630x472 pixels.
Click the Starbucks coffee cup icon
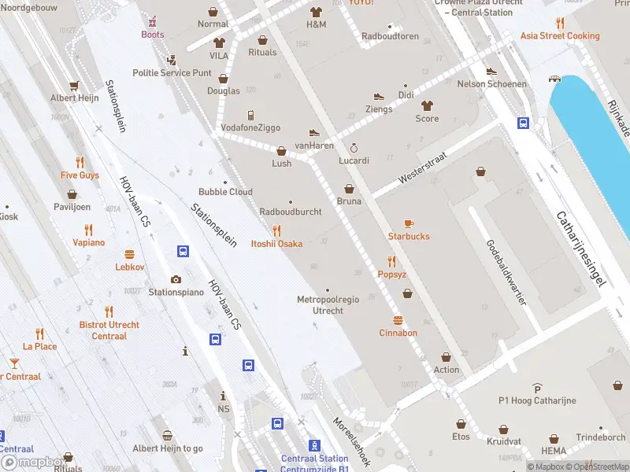pyautogui.click(x=408, y=223)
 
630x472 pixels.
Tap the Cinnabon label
pyautogui.click(x=398, y=333)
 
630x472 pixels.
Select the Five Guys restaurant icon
pyautogui.click(x=80, y=163)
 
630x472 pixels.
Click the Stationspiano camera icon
pyautogui.click(x=176, y=279)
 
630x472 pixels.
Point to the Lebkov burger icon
pyautogui.click(x=130, y=254)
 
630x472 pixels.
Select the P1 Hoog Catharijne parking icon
pyautogui.click(x=537, y=388)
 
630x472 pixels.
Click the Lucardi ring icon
pyautogui.click(x=354, y=147)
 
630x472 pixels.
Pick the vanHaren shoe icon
pyautogui.click(x=314, y=133)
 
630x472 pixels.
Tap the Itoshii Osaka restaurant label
pyautogui.click(x=276, y=244)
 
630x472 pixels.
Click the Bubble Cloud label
pyautogui.click(x=225, y=192)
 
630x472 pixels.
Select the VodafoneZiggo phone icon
pyautogui.click(x=250, y=115)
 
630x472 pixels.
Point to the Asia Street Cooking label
pyautogui.click(x=560, y=36)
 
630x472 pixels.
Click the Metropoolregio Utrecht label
pyautogui.click(x=328, y=305)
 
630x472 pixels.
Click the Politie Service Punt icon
pyautogui.click(x=172, y=60)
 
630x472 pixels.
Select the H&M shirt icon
pyautogui.click(x=316, y=12)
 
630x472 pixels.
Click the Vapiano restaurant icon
pyautogui.click(x=88, y=230)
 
